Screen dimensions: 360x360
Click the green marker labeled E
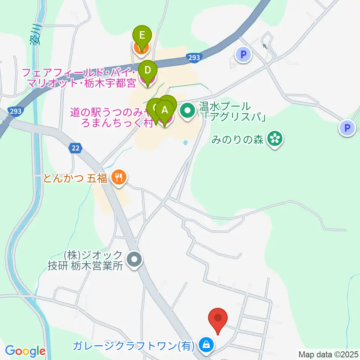coord(142,36)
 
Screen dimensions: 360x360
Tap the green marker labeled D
coord(148,70)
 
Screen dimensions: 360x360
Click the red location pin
coord(218,318)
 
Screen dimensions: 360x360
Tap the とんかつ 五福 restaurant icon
coord(119,177)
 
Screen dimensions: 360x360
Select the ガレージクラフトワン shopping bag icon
coord(205,343)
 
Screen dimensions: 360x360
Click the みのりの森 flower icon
coord(275,139)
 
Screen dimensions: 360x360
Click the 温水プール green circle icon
coord(186,111)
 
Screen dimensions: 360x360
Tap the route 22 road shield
coord(76,148)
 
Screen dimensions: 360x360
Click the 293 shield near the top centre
coord(194,57)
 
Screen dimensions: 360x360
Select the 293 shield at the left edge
coord(14,111)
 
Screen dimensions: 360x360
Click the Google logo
coord(25,351)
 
